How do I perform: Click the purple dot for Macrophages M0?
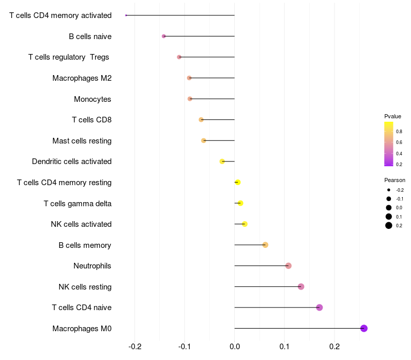(364, 328)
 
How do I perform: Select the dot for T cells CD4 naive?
(320, 308)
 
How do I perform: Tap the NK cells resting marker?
(301, 286)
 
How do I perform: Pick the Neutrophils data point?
(288, 266)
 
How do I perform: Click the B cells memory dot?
(265, 245)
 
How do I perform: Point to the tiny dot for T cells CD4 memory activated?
(126, 15)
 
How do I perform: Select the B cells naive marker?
(164, 36)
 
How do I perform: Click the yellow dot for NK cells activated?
(245, 224)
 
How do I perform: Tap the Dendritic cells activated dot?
(222, 161)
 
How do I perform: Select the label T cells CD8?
(91, 120)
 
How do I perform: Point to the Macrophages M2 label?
(82, 78)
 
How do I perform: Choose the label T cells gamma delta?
(78, 203)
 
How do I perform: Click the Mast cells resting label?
(82, 140)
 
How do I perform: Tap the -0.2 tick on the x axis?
(135, 347)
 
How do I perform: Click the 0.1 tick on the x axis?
(285, 347)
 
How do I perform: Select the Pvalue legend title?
(393, 116)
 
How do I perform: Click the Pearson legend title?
(395, 180)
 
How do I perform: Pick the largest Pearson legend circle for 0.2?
(389, 225)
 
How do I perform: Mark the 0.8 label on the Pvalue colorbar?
(399, 132)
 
